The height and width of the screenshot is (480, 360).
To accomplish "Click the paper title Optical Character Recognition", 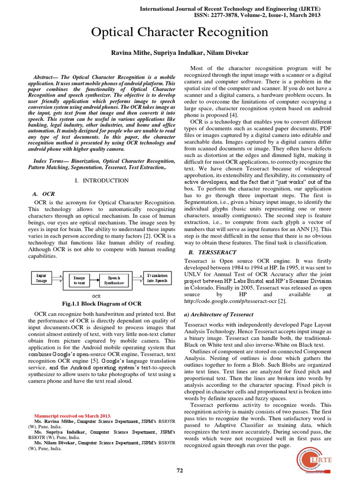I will [x=180, y=32].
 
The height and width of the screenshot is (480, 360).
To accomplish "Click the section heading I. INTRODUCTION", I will [x=102, y=180].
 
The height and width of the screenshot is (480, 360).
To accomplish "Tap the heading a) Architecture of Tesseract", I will [x=219, y=314].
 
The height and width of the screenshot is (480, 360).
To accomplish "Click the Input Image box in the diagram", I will [x=41, y=278].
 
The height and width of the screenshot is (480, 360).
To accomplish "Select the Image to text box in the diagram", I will [x=79, y=280].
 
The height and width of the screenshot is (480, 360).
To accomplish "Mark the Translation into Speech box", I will [x=157, y=277].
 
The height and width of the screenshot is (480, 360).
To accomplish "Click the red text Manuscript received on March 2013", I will [x=73, y=415].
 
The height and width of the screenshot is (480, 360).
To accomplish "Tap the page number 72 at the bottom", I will [x=180, y=470].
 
